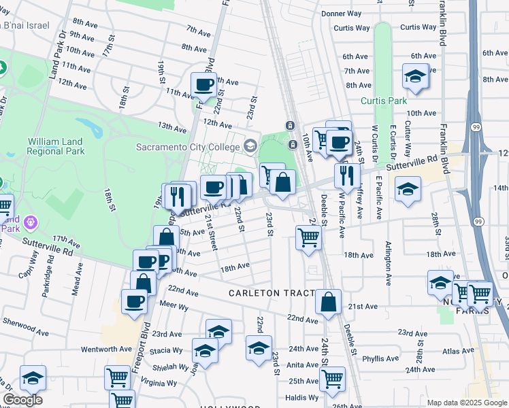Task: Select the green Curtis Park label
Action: (383, 101)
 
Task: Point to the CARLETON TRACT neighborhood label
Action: (272, 293)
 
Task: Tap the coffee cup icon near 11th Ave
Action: (204, 85)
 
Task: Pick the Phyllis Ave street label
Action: (380, 358)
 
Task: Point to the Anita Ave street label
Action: (303, 364)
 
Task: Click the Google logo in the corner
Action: (23, 400)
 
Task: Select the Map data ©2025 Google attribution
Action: (467, 403)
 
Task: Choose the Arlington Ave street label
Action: (389, 262)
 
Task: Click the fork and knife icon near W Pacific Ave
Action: (348, 175)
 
